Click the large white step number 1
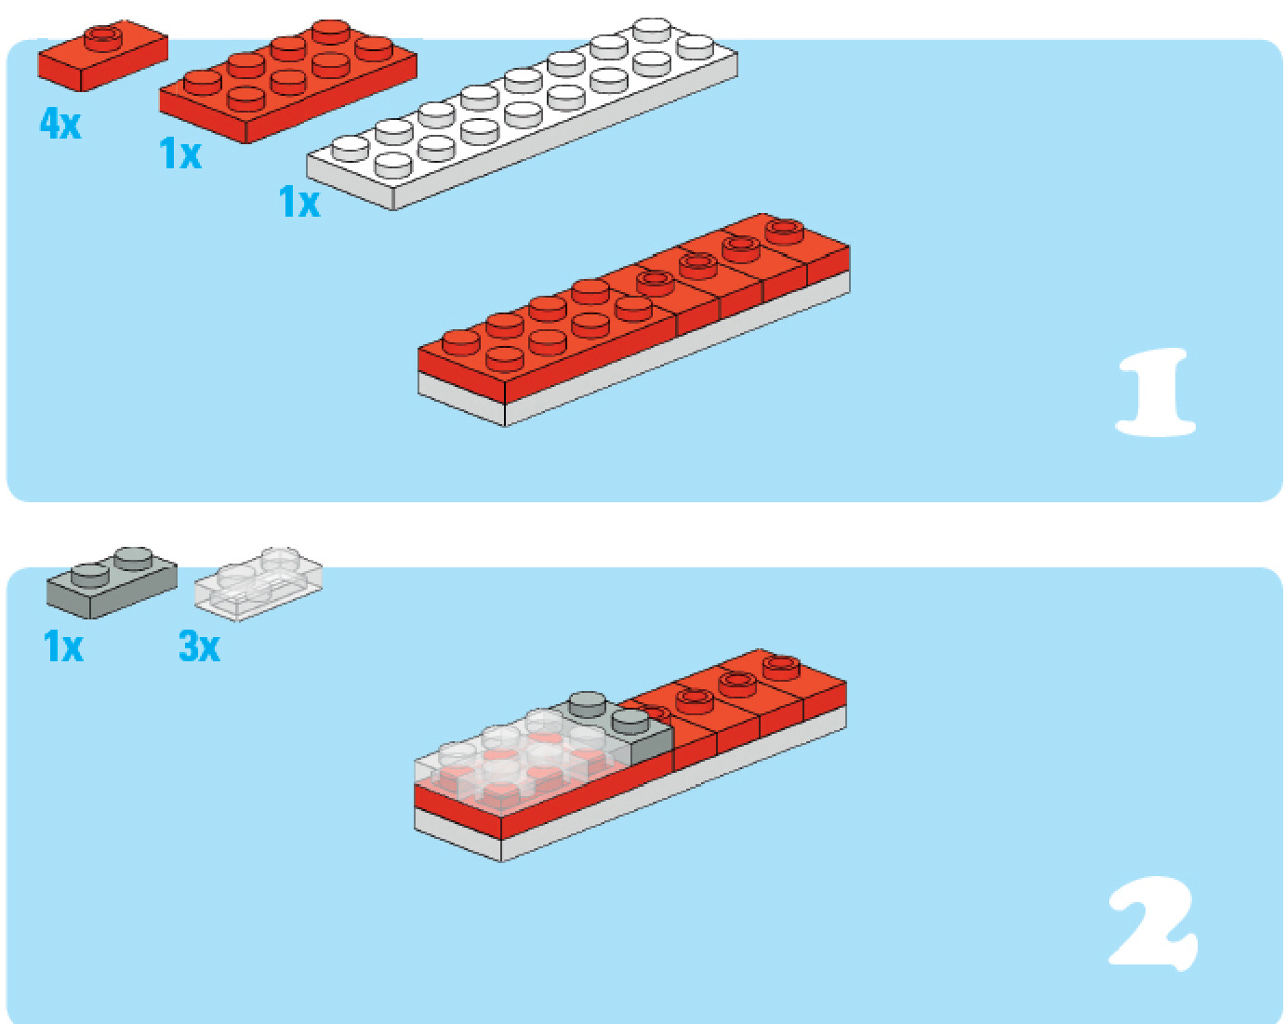tap(1155, 392)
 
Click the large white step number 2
tap(1153, 924)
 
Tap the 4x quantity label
tap(60, 125)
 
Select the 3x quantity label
tap(199, 646)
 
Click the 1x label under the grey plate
tap(62, 646)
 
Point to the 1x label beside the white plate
tap(298, 201)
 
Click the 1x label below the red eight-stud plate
tap(179, 153)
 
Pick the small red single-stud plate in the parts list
tap(103, 56)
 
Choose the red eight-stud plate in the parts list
tap(288, 81)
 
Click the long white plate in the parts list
tap(522, 113)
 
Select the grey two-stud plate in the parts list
tap(112, 581)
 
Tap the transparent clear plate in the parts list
tap(259, 584)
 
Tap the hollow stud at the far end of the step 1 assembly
tap(785, 231)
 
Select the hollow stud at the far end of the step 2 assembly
tap(782, 667)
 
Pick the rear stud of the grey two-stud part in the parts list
tap(133, 557)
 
